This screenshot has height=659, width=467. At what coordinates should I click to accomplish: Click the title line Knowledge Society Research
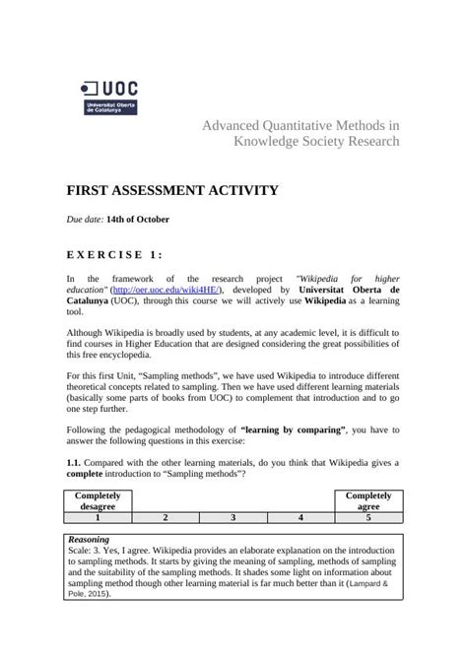315,141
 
